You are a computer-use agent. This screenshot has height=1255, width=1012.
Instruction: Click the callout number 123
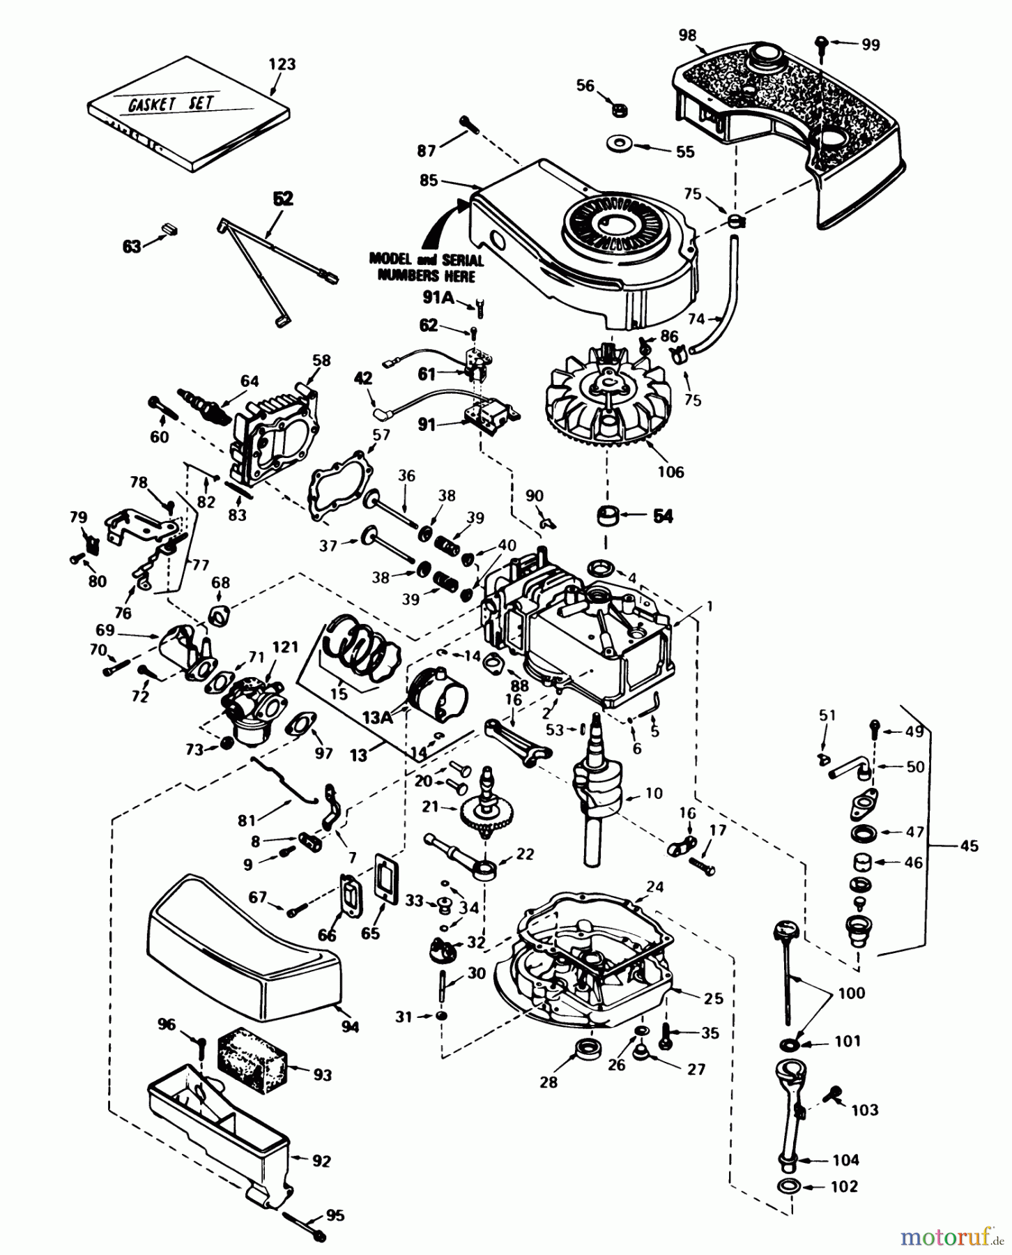point(282,64)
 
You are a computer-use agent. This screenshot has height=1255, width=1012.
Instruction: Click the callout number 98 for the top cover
point(688,35)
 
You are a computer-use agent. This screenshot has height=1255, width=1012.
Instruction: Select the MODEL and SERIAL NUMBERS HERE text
point(426,267)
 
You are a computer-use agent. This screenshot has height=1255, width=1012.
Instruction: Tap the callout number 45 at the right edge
point(969,846)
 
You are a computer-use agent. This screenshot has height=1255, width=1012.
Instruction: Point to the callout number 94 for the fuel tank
point(349,1026)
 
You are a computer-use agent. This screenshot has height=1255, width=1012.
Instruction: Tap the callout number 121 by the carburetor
point(285,648)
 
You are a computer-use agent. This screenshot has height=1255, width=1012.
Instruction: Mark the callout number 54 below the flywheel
point(663,517)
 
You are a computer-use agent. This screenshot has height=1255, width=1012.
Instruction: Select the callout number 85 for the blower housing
point(429,181)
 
